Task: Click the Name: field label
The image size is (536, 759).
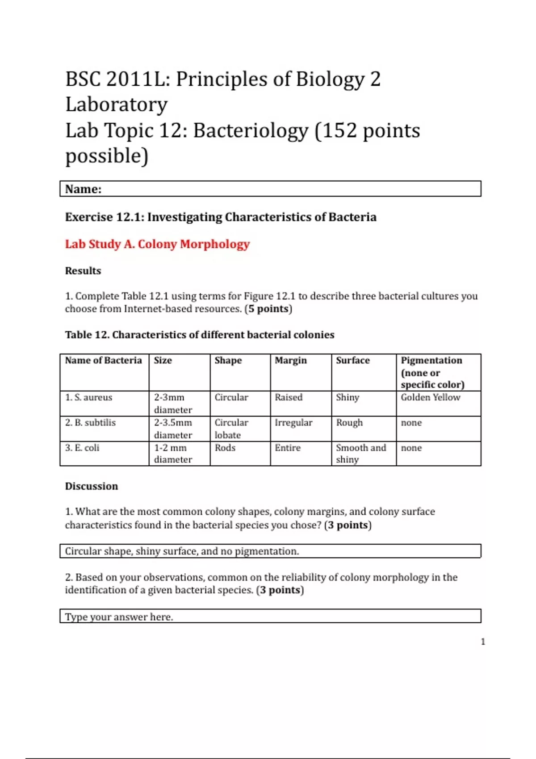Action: [x=84, y=189]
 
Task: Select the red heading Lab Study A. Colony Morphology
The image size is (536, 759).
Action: [x=157, y=244]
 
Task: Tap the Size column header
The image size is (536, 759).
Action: [x=163, y=360]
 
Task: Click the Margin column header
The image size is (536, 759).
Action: [x=291, y=360]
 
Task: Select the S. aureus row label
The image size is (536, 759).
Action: [x=89, y=397]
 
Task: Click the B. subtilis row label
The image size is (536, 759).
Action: [x=90, y=422]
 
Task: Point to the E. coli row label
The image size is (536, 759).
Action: [x=82, y=448]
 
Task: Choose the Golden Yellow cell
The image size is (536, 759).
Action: [x=431, y=397]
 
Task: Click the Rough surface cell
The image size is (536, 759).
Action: [x=349, y=422]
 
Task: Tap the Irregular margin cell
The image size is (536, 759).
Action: [x=293, y=422]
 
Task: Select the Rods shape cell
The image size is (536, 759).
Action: [x=225, y=448]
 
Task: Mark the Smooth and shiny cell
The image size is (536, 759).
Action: [x=360, y=453]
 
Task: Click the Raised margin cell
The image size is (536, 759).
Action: [x=289, y=397]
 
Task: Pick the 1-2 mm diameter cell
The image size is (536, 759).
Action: [x=173, y=453]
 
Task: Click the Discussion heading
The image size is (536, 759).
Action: [x=92, y=486]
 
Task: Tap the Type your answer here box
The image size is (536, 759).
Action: [x=270, y=617]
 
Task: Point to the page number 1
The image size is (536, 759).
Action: [x=483, y=642]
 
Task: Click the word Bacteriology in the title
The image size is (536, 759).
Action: [x=251, y=131]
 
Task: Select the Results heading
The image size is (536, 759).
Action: [x=83, y=271]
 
